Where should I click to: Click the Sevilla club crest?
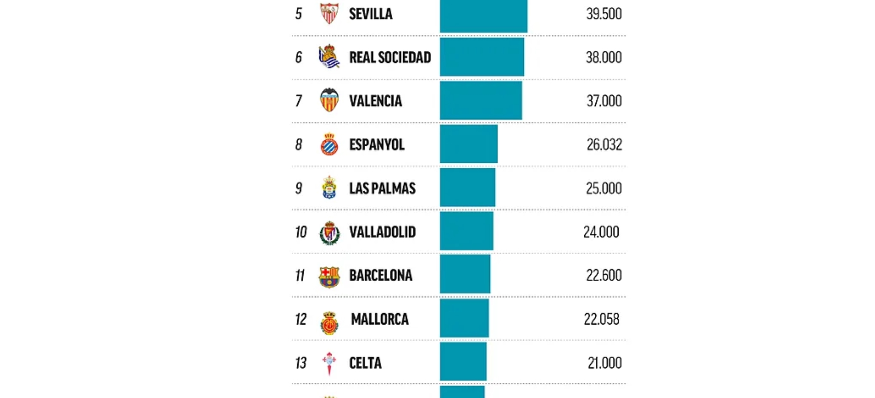[x=329, y=13]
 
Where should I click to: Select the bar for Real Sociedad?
[x=482, y=57]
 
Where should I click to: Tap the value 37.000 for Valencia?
[x=604, y=101]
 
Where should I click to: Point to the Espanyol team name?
[x=377, y=145]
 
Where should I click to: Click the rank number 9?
[x=299, y=188]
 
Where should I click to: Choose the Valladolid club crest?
[x=329, y=233]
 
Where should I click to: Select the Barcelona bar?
[x=465, y=275]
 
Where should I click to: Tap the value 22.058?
[x=601, y=319]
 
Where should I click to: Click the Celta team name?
[x=365, y=363]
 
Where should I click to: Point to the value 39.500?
[x=604, y=14]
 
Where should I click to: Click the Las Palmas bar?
[x=467, y=188]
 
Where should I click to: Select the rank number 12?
[x=301, y=319]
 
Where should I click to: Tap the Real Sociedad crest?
[x=329, y=56]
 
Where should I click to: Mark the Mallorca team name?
[x=380, y=319]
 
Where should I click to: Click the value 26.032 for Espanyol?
[x=604, y=145]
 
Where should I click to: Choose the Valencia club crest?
[x=329, y=100]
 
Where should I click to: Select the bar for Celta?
[x=463, y=362]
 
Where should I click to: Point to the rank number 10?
[x=301, y=232]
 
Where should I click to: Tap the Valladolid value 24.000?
[x=601, y=232]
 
